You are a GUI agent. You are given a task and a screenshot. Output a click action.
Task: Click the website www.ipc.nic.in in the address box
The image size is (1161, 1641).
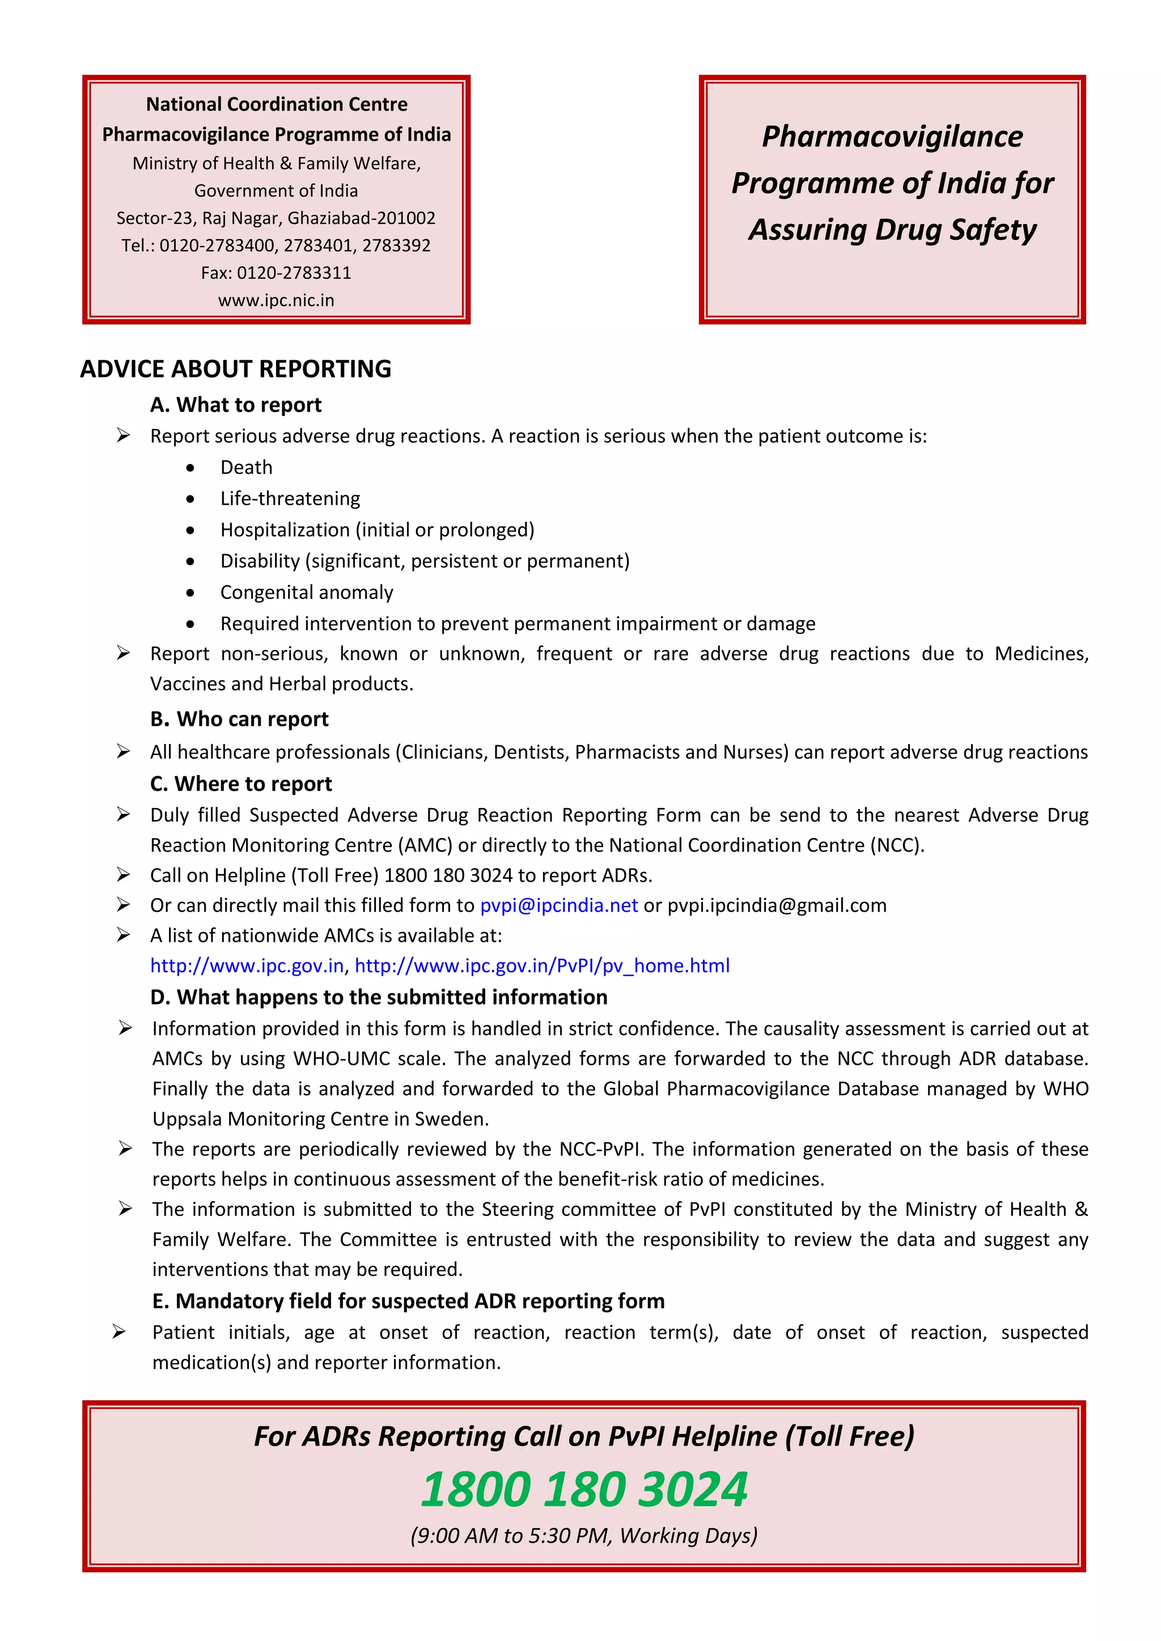pos(276,300)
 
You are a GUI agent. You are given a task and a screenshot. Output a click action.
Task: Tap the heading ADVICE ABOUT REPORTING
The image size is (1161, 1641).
pos(235,369)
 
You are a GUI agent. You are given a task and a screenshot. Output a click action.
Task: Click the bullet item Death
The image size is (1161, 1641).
pos(246,467)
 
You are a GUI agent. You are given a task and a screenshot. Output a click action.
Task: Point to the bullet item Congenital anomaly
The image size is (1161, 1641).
pos(306,593)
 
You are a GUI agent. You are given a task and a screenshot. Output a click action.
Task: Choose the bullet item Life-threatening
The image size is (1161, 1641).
pos(290,499)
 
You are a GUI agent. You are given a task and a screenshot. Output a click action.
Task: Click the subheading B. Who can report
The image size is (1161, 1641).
pos(239,719)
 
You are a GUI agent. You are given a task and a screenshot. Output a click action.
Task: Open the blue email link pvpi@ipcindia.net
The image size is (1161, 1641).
pos(558,905)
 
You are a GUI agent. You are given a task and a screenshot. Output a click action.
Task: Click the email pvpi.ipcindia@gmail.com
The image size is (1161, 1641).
pos(777,905)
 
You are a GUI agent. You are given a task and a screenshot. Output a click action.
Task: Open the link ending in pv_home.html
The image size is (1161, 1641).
pos(542,966)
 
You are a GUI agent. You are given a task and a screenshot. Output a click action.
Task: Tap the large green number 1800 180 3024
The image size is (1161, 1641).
pos(583,1490)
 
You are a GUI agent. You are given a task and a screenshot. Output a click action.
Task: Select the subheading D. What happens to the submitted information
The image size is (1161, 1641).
pos(378,997)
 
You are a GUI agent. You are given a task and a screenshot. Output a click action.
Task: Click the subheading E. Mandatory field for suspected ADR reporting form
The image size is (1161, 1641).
pos(408,1301)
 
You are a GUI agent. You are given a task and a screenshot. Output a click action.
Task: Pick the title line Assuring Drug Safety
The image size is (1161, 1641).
pos(892,230)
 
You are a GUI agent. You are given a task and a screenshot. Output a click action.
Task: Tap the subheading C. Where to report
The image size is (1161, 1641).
pos(241,784)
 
